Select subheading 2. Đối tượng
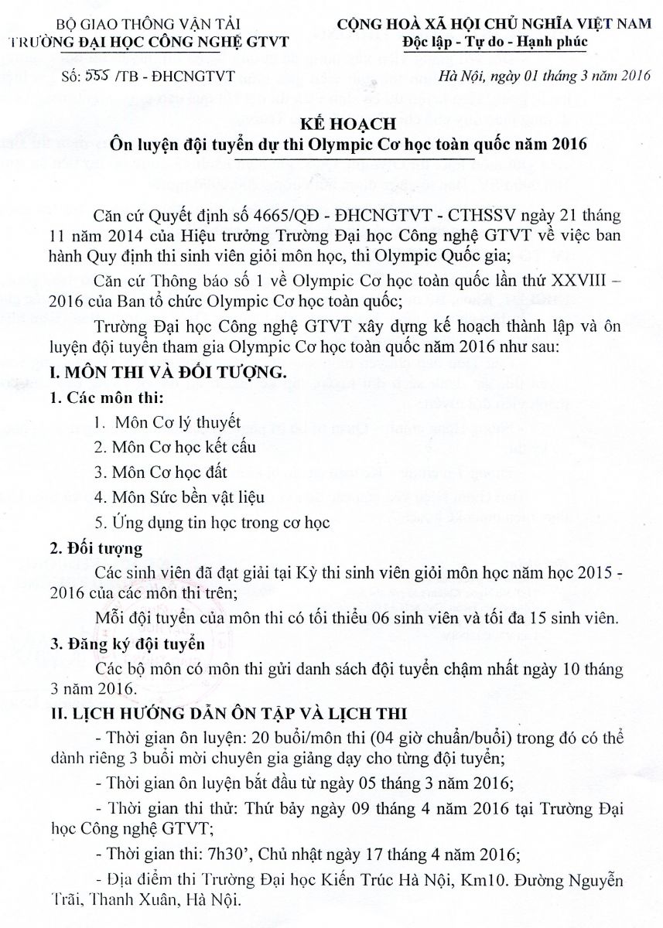tap(96, 549)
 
